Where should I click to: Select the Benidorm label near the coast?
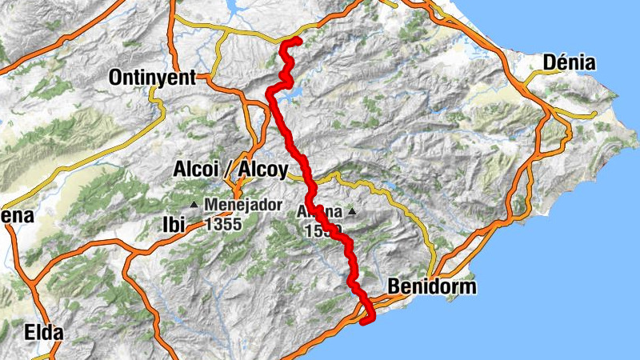[x=431, y=286]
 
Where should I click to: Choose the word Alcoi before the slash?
[x=198, y=170]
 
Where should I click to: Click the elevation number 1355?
[x=223, y=225]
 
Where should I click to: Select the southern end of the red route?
[x=365, y=322]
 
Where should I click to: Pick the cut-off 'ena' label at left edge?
[x=16, y=216]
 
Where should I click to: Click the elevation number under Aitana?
[x=323, y=230]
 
